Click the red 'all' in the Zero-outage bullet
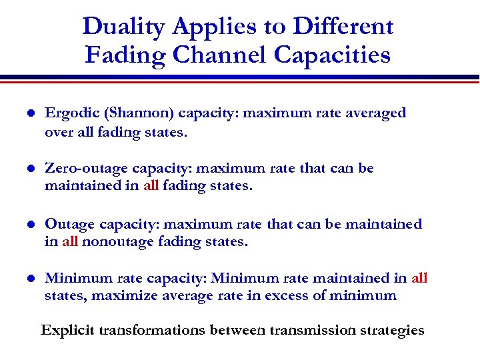pos(151,186)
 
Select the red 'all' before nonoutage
pos(70,241)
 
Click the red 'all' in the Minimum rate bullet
pos(419,278)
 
